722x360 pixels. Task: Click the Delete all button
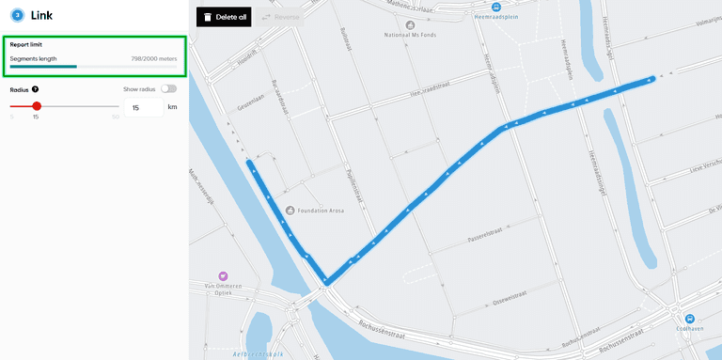coord(224,17)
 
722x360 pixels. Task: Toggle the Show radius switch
coord(168,88)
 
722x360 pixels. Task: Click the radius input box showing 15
coord(143,108)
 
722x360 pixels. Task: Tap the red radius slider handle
coord(37,106)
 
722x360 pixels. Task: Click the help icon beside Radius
coord(35,89)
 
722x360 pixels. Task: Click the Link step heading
coord(41,15)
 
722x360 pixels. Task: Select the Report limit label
coord(25,44)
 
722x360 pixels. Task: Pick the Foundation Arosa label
coord(322,211)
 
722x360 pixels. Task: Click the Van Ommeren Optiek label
coord(224,289)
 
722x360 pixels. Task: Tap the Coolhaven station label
coord(690,329)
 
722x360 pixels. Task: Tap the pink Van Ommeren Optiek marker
coord(224,275)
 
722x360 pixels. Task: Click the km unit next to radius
coord(172,108)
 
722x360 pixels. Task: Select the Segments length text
coord(33,58)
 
